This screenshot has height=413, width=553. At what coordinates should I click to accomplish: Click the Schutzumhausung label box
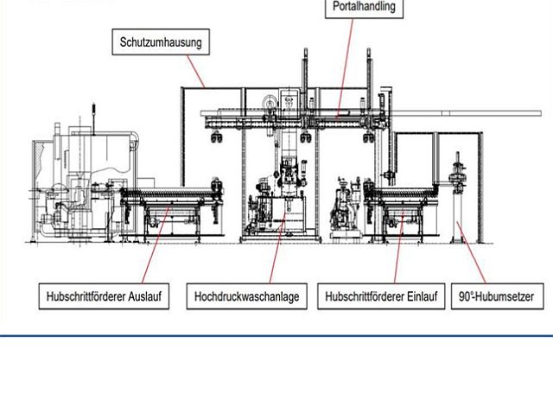(161, 42)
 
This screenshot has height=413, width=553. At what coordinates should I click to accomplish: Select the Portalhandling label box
(364, 7)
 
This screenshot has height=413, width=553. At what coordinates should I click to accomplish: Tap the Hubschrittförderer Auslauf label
(104, 296)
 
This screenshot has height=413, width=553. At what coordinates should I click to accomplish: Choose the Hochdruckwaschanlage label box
(247, 296)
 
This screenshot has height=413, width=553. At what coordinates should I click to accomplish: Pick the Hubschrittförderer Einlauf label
(381, 296)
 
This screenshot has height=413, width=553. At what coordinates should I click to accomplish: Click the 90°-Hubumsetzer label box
(498, 296)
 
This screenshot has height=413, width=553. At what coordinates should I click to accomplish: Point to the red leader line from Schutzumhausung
(196, 71)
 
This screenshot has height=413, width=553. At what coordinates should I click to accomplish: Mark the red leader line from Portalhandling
(345, 67)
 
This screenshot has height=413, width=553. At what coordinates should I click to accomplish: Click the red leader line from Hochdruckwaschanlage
(277, 248)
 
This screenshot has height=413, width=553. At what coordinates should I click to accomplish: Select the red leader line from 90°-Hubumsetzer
(472, 252)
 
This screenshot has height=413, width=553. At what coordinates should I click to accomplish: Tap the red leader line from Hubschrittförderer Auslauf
(156, 245)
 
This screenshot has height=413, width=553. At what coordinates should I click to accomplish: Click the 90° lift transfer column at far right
(457, 198)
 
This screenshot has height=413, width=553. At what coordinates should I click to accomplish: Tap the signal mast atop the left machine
(93, 118)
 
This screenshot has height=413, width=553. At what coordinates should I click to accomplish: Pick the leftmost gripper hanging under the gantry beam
(217, 137)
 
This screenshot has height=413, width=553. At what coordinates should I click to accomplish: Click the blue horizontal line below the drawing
(276, 336)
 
